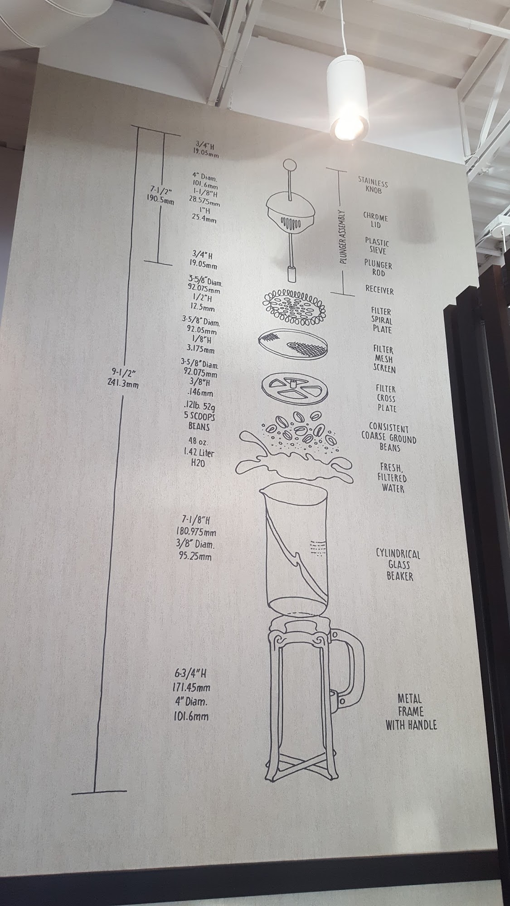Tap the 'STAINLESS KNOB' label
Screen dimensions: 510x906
click(x=373, y=184)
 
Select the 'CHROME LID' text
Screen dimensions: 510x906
click(x=375, y=220)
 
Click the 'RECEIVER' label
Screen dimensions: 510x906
click(x=380, y=290)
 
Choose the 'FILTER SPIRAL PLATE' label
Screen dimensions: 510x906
click(x=381, y=320)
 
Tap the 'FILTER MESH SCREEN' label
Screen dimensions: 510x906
click(x=384, y=359)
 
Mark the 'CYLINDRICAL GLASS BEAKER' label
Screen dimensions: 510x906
click(x=398, y=565)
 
